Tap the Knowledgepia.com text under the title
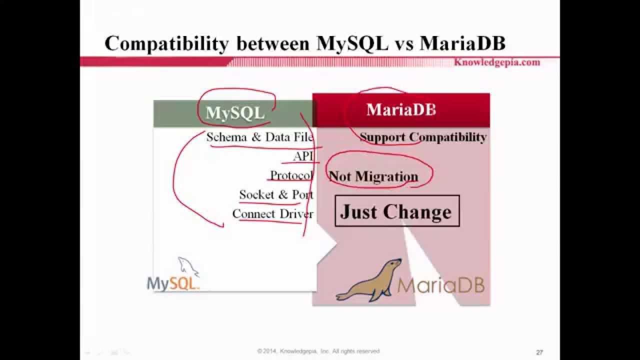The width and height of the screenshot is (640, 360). [496, 62]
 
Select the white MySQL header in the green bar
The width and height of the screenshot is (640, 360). [234, 113]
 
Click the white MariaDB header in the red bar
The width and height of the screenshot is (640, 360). [401, 110]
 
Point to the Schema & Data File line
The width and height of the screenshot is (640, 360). [259, 137]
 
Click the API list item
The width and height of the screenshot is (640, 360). [303, 156]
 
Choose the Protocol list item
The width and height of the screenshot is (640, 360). [291, 176]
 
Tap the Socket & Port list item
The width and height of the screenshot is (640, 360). [276, 194]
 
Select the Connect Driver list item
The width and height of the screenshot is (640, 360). [272, 214]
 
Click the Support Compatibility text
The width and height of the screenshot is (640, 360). [422, 137]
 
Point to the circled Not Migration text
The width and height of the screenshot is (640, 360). [373, 176]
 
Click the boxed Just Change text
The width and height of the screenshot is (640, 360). [396, 211]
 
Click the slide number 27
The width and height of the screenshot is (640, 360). [539, 352]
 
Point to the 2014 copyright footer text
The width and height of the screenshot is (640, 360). [318, 351]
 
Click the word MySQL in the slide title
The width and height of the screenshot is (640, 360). [352, 44]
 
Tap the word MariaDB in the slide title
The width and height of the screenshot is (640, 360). [462, 44]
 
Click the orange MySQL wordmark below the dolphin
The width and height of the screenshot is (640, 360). [173, 284]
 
